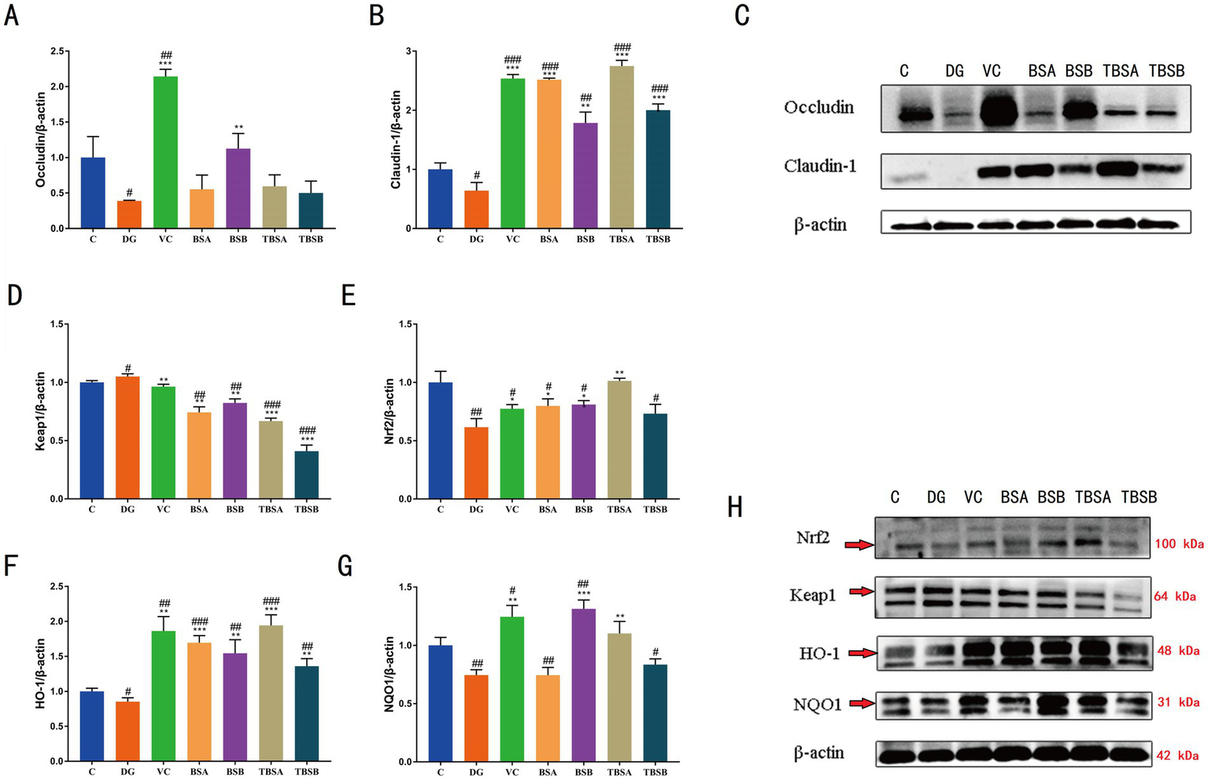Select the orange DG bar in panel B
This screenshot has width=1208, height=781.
click(476, 209)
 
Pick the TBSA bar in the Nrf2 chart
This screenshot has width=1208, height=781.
click(619, 440)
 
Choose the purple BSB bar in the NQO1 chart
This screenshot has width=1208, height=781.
click(584, 685)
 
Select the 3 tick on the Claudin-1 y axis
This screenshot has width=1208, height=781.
click(408, 51)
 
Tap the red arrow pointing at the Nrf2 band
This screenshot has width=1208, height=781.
click(859, 544)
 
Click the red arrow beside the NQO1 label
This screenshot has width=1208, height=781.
click(862, 703)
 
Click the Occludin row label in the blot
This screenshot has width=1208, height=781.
click(818, 108)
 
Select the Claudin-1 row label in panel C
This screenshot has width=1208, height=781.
click(819, 166)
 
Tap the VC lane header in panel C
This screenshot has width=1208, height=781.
click(992, 72)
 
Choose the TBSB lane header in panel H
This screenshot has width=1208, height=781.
click(1139, 497)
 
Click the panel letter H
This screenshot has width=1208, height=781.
click(735, 508)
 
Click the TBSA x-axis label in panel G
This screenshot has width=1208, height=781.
click(619, 772)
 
